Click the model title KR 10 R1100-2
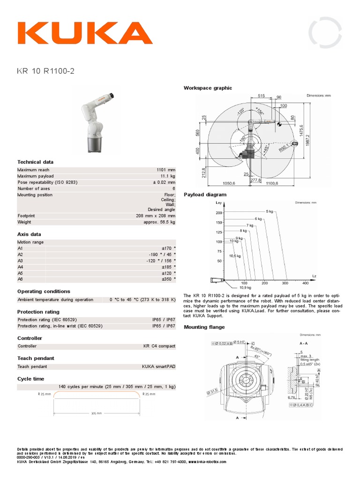pos(45,71)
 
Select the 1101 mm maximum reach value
pos(165,170)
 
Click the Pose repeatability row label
pos(47,182)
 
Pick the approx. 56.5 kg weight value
pos(159,222)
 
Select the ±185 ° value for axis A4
pos(168,266)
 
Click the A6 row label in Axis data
pos(20,278)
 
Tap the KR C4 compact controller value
pos(159,346)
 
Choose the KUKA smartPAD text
pos(158,367)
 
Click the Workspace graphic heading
pos(208,88)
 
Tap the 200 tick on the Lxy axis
pos(218,213)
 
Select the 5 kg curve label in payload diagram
pos(269,211)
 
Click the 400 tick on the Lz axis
pos(306,283)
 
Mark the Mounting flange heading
pos(204,327)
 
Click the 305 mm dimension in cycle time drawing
pos(96,413)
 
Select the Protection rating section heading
pos(38,312)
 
